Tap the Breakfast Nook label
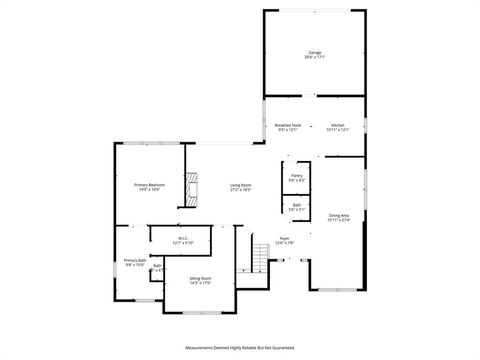point(287,125)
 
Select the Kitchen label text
point(338,125)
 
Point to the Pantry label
point(296,175)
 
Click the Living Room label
point(240,185)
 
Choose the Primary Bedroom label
point(150,185)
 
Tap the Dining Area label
point(339,215)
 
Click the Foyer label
point(284,238)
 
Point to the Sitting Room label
point(199,278)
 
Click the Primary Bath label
point(134,260)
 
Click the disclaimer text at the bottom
point(240,348)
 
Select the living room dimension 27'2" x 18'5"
point(240,190)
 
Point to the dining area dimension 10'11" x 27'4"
point(339,220)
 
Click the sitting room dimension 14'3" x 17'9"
point(199,283)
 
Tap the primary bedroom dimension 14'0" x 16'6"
point(150,190)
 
